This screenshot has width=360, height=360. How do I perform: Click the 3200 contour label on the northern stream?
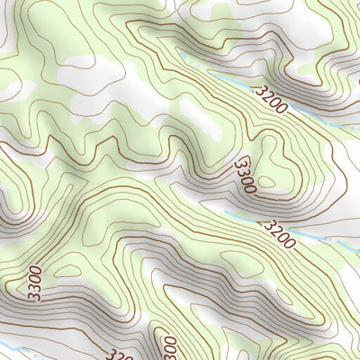271,100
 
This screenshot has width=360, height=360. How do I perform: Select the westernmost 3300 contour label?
34,281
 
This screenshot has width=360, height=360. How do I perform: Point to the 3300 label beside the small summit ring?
245,175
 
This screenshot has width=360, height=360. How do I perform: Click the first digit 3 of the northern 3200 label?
260,91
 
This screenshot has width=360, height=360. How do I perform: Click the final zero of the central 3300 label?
249,186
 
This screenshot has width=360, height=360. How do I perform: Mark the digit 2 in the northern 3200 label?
267,96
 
